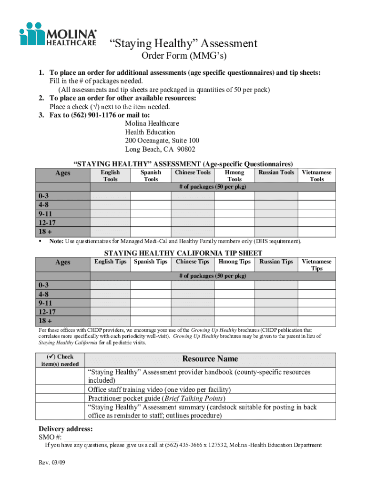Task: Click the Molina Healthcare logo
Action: [58, 35]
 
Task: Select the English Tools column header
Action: [110, 175]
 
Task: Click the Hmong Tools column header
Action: [234, 175]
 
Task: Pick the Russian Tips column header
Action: [276, 262]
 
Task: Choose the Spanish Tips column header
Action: [151, 262]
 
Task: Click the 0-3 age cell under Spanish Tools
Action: [151, 195]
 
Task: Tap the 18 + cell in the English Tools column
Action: [110, 232]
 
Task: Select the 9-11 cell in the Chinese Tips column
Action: [192, 303]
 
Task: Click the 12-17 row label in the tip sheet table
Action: [48, 312]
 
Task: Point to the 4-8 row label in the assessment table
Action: [44, 204]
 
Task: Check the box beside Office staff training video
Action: [61, 389]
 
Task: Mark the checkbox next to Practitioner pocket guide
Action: [61, 398]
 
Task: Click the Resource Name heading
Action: [210, 359]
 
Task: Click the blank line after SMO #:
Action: [122, 437]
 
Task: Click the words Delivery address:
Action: [65, 429]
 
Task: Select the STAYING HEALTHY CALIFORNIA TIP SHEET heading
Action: [183, 253]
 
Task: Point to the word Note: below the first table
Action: [57, 242]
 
